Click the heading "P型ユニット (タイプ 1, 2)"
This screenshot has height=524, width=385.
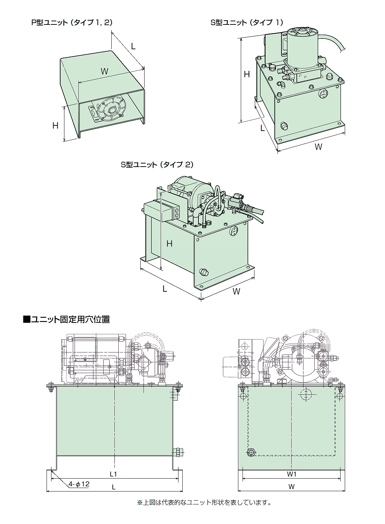[x=72, y=23]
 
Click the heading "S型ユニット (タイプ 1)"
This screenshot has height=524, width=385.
[x=247, y=23]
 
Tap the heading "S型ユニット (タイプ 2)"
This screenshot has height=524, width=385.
[x=157, y=165]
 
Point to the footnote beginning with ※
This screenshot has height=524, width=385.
[x=204, y=502]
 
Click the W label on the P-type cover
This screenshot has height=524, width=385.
[x=104, y=72]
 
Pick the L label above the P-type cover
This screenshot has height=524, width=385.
[x=133, y=46]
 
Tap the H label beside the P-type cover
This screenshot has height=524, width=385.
[x=55, y=126]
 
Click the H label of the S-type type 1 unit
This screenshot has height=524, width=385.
[x=247, y=74]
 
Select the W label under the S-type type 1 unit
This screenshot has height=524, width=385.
[x=318, y=147]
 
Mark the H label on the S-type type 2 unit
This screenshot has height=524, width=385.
[x=169, y=244]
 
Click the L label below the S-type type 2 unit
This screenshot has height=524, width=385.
[x=165, y=289]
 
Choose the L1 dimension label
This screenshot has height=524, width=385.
[x=113, y=474]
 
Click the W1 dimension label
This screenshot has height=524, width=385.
[x=292, y=474]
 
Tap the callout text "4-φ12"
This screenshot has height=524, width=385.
[x=79, y=484]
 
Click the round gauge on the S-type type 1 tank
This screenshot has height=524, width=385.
[x=323, y=94]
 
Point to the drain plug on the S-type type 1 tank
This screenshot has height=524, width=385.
[x=284, y=126]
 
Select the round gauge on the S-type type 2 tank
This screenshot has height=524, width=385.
[x=233, y=231]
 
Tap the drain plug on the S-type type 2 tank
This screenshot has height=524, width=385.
[x=203, y=272]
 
